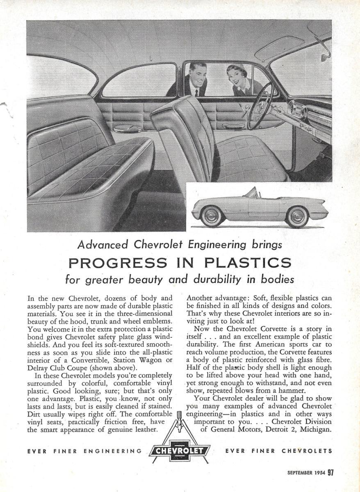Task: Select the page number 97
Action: pyautogui.click(x=330, y=473)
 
